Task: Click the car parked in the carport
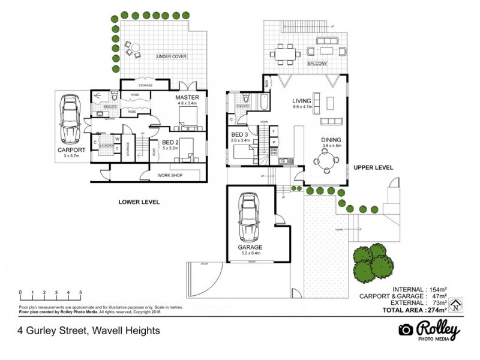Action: [x=69, y=121]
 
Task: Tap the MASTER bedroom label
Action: [x=187, y=97]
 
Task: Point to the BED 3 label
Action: [x=239, y=134]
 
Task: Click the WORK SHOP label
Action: [x=170, y=175]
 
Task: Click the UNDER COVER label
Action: [x=172, y=56]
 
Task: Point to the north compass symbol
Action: [x=456, y=305]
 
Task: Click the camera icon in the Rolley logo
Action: [x=406, y=331]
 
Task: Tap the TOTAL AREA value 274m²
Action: [x=436, y=310]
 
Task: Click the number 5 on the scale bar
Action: [x=80, y=293]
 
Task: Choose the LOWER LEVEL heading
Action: [x=139, y=202]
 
